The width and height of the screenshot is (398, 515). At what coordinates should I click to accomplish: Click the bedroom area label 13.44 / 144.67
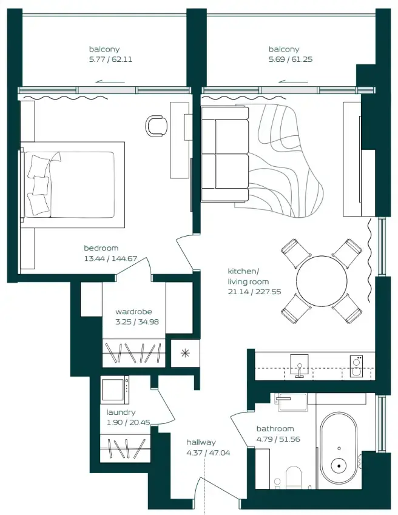[110, 258]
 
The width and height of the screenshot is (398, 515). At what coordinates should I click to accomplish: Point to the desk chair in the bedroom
[157, 126]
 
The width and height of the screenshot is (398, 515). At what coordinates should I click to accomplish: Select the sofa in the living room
[224, 153]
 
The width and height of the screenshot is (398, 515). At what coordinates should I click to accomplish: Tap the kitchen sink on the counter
[298, 366]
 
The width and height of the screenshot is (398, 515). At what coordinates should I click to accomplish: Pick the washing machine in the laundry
[115, 390]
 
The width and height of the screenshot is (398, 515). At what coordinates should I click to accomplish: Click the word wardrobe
[137, 312]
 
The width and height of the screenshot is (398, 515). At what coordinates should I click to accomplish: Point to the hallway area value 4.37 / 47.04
[200, 453]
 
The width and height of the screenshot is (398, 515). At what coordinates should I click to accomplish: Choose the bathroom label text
[275, 428]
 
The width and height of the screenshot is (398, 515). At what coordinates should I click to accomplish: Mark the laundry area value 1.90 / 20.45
[128, 422]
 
